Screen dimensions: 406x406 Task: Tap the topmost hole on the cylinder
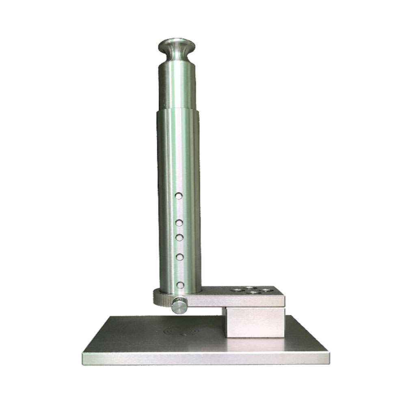point(179,196)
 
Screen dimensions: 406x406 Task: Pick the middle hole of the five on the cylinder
point(179,237)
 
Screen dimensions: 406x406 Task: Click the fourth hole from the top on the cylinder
point(179,257)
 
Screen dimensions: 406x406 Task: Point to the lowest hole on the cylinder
point(179,284)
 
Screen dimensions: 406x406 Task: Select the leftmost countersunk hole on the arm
point(235,290)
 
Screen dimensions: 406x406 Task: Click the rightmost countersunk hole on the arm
point(266,290)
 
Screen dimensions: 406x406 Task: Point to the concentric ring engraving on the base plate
point(184,332)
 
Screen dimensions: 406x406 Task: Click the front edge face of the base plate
point(205,358)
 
